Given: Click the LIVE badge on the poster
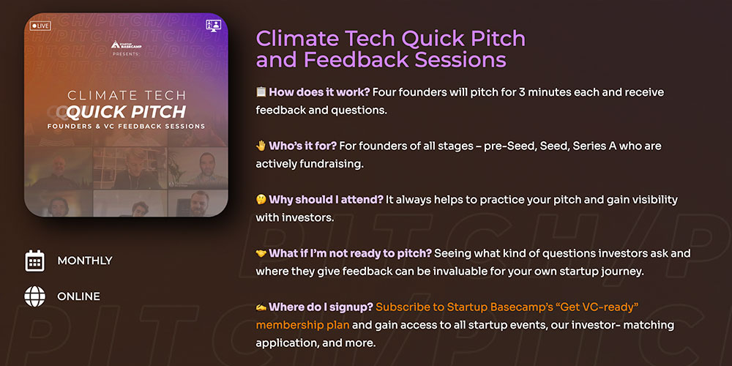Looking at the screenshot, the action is [x=40, y=26].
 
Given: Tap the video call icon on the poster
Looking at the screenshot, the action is [x=213, y=25].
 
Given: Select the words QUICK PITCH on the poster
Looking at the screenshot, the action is [x=126, y=111].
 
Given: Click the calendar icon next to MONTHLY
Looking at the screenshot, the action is [x=34, y=261].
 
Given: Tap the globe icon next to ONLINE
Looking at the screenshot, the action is [x=35, y=296].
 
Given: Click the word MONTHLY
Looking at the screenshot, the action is [x=85, y=261].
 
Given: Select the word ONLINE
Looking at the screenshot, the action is [x=78, y=296].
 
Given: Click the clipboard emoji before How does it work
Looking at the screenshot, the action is [x=261, y=92].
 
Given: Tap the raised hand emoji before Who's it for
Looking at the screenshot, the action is [x=261, y=146].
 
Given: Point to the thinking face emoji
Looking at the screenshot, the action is [x=261, y=200].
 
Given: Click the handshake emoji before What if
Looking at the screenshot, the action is [x=261, y=253].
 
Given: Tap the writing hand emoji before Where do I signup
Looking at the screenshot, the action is [x=261, y=307].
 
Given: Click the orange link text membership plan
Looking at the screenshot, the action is [x=302, y=325].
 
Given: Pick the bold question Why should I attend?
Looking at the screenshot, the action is [x=326, y=200].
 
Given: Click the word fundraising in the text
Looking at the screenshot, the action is [x=335, y=164].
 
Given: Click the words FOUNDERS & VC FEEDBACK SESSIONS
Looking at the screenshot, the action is [x=126, y=126].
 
